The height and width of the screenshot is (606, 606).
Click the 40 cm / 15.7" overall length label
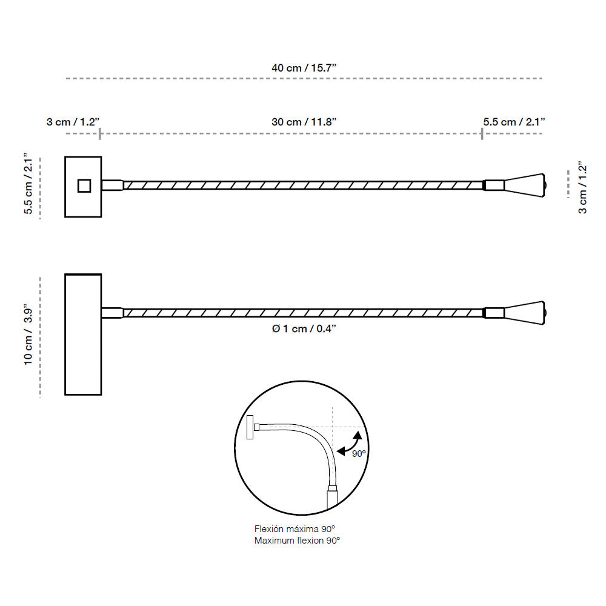304,68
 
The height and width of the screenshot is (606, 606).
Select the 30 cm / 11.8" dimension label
304,122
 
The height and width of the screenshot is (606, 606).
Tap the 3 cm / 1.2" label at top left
73,122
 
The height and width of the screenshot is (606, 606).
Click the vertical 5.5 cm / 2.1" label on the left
28,184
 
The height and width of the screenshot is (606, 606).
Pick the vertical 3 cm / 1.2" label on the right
582,187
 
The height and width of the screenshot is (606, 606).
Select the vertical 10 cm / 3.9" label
28,335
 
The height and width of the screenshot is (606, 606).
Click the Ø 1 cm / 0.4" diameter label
304,328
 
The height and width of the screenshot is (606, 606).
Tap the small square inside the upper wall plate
84,185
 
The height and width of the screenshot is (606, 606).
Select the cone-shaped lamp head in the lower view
525,313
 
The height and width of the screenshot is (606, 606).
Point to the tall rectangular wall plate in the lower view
83,335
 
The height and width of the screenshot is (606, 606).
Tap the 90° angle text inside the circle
360,453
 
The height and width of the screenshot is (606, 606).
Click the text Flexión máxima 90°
295,529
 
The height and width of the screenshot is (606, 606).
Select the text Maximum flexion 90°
297,540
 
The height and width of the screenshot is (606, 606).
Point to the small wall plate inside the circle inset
250,428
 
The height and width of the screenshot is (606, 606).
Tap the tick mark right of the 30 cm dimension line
482,133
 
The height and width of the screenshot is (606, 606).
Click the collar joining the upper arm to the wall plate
112,185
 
